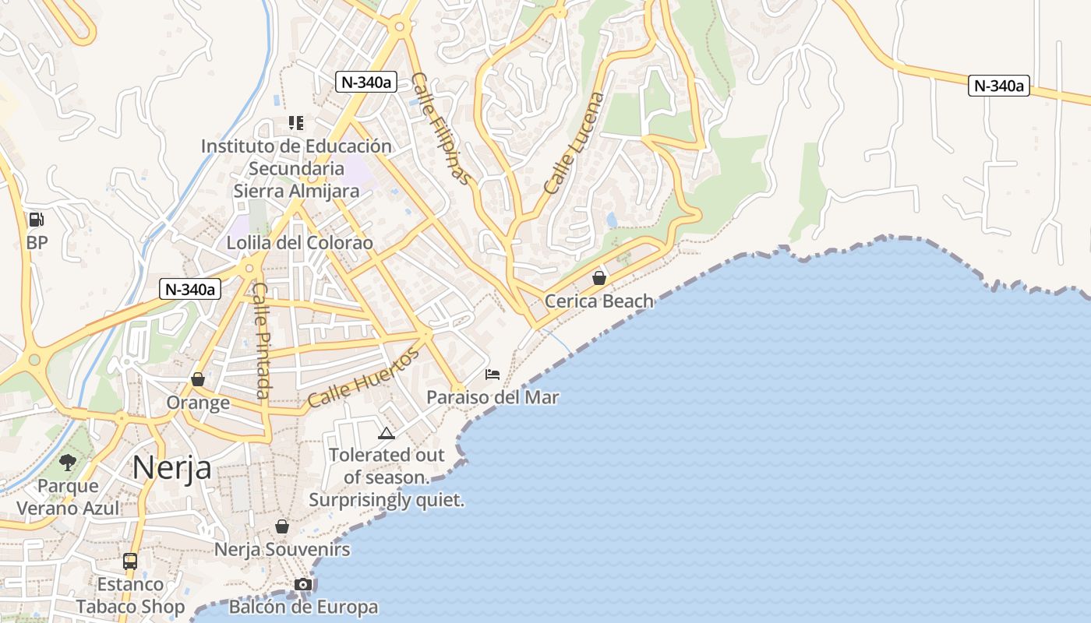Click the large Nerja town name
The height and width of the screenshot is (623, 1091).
click(171, 468)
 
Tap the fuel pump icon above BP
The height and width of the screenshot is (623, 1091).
click(36, 220)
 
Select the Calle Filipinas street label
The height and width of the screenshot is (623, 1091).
click(442, 128)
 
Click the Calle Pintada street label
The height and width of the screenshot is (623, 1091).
click(262, 340)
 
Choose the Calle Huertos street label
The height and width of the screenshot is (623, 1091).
click(363, 378)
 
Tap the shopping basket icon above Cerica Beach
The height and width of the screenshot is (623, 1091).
click(599, 277)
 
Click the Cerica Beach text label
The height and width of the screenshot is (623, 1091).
click(599, 301)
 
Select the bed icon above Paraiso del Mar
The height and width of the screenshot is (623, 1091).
click(493, 375)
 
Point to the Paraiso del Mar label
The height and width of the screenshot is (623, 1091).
click(493, 397)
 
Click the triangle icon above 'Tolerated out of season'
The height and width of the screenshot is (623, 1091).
click(386, 433)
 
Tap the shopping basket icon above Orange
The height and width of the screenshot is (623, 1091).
click(198, 379)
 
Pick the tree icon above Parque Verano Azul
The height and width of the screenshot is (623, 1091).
click(68, 463)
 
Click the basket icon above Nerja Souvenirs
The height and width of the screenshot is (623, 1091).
click(282, 526)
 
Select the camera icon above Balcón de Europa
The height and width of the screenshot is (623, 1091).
click(303, 584)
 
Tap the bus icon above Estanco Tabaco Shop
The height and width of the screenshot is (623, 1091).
click(130, 561)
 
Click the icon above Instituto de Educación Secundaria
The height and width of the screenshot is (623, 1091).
click(296, 122)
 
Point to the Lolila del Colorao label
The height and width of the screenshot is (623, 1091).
click(299, 243)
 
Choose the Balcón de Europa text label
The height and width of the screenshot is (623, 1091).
click(303, 607)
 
